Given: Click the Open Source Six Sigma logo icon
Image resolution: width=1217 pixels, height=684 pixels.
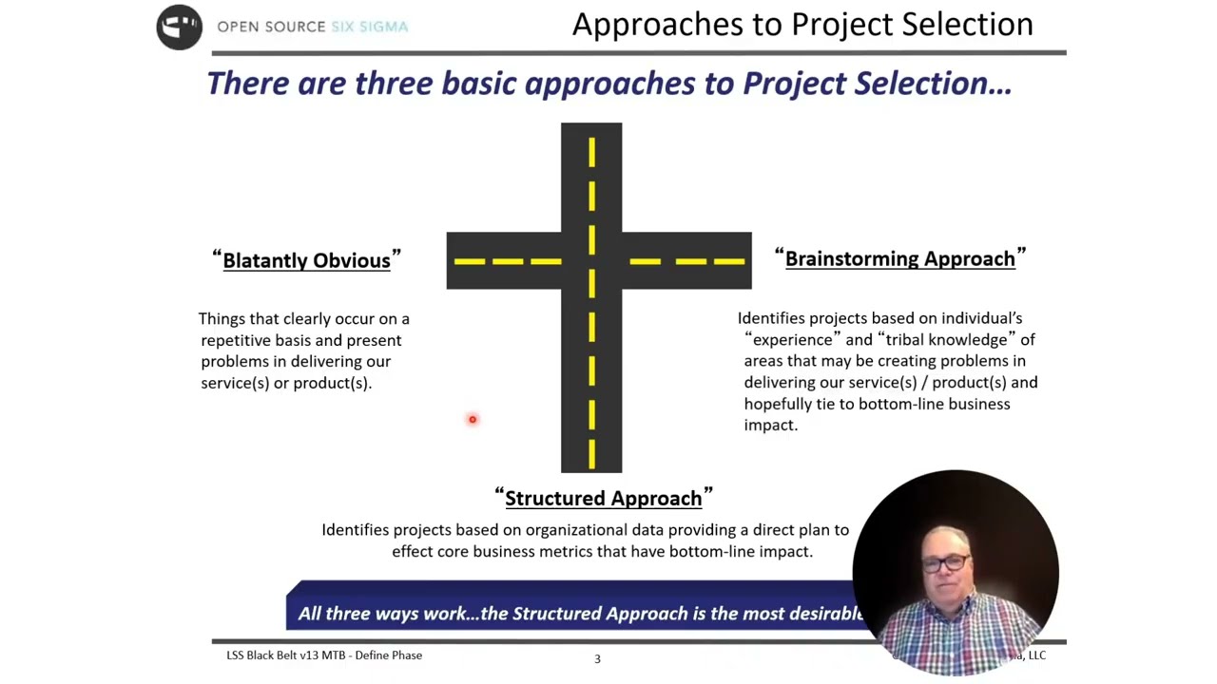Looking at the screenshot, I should pos(179,27).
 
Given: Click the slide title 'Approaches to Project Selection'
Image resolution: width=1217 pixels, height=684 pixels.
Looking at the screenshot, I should pos(802,25).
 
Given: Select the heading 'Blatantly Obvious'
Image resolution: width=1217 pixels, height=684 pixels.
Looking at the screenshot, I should pos(306,260).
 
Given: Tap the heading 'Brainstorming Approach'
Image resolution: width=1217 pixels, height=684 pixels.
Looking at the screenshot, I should pos(899,258).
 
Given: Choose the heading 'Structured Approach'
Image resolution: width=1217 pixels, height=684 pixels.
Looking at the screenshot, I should pos(603,498).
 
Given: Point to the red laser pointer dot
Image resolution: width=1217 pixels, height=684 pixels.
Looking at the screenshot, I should pos(472,419).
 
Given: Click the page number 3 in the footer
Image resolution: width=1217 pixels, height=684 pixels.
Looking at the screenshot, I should pos(597,658).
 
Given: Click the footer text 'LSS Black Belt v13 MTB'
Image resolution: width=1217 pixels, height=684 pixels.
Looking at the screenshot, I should pos(285,655).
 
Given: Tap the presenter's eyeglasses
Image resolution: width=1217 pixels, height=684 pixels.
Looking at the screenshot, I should pos(946,563).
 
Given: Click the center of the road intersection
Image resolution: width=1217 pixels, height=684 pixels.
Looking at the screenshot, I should pos(591,260).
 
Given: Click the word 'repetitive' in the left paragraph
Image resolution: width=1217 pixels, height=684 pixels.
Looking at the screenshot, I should pos(236,340).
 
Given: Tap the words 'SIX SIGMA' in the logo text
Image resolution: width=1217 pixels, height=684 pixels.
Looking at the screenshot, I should pos(369,27).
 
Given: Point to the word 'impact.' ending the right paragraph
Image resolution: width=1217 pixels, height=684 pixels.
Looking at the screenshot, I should pos(770,425).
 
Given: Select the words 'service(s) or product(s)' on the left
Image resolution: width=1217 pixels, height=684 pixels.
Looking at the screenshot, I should pos(285,383).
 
